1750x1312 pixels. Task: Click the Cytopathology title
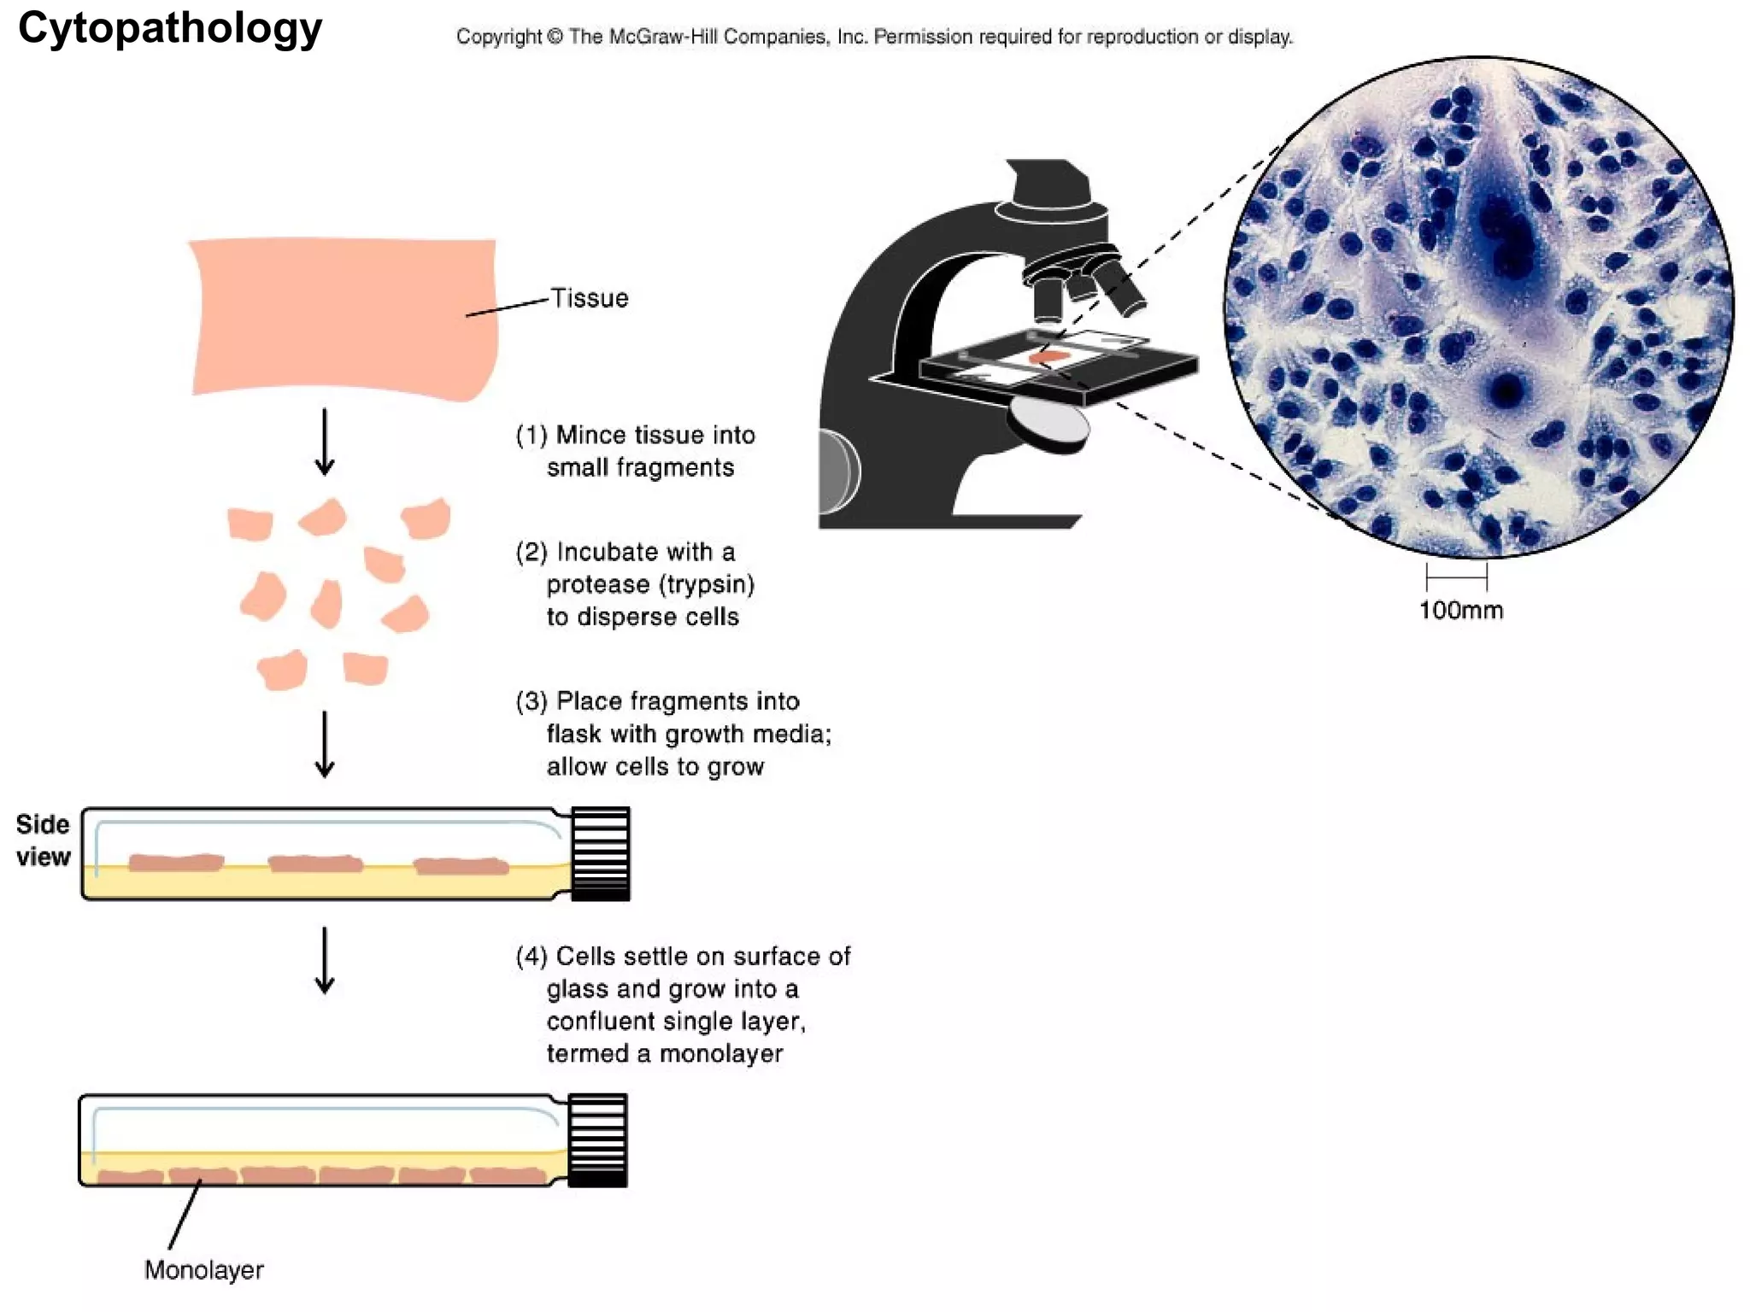click(x=170, y=29)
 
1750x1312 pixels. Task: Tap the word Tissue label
click(x=590, y=298)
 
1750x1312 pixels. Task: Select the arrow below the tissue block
click(x=325, y=442)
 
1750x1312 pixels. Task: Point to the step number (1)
click(x=531, y=436)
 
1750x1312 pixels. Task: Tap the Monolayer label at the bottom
click(x=203, y=1270)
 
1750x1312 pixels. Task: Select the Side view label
click(x=43, y=840)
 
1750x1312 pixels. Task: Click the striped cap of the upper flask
click(x=601, y=853)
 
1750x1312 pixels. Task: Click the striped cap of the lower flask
click(x=598, y=1140)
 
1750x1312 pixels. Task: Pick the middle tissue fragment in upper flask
click(x=315, y=864)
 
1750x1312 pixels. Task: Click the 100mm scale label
click(x=1460, y=611)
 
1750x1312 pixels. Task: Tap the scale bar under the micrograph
click(x=1456, y=577)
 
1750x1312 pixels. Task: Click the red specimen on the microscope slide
click(x=1049, y=357)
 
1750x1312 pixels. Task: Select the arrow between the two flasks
click(x=325, y=960)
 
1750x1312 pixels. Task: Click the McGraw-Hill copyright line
click(x=874, y=37)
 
